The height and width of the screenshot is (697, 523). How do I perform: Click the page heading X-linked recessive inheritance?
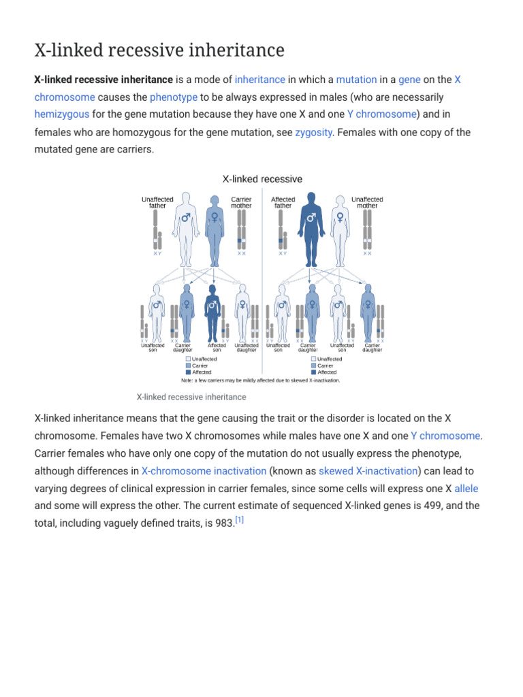click(x=159, y=50)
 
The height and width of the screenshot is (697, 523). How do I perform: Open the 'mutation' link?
click(x=356, y=80)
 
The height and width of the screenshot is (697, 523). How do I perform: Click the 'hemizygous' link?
click(x=61, y=114)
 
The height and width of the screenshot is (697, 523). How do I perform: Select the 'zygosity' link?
click(x=313, y=132)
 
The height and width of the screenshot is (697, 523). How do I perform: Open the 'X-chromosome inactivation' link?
click(x=204, y=471)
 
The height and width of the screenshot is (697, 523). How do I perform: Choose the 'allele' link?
click(x=466, y=489)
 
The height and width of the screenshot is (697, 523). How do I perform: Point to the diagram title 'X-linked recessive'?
click(x=262, y=179)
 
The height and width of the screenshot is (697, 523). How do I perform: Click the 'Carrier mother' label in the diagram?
click(x=241, y=203)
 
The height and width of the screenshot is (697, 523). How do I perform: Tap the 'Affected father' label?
click(x=283, y=203)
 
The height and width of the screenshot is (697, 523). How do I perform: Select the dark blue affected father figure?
click(x=311, y=228)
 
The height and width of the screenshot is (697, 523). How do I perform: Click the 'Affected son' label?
click(x=217, y=348)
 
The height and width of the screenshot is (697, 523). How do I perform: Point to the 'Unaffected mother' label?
click(x=367, y=203)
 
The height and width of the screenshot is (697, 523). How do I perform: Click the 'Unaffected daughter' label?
click(x=247, y=348)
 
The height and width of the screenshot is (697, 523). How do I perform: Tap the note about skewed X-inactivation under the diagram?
click(x=261, y=380)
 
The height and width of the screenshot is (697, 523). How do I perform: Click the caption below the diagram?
click(x=191, y=397)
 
